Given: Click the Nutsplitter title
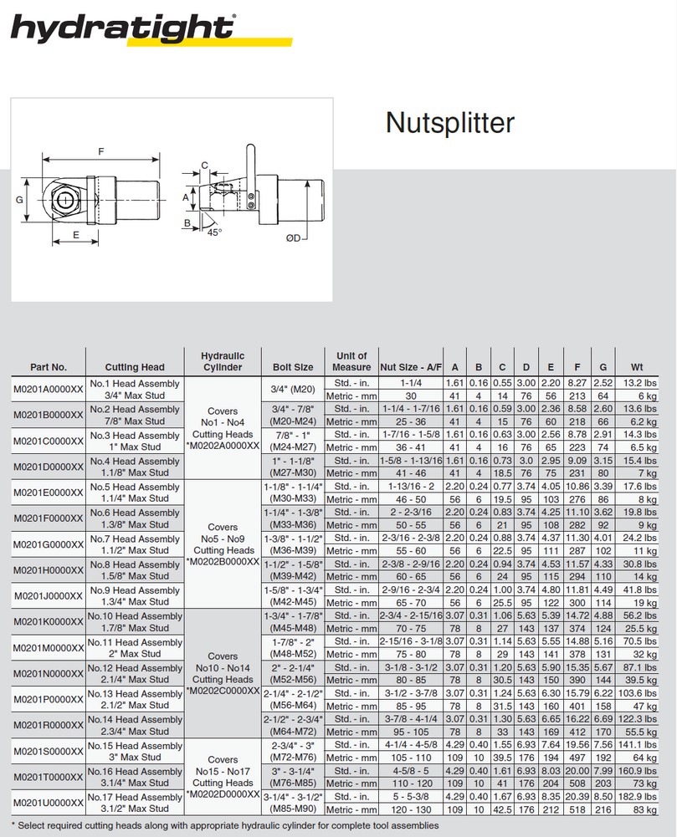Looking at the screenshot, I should point(449,124).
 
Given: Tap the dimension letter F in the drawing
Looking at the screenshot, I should point(100,152).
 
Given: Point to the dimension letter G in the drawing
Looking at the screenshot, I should point(19,201).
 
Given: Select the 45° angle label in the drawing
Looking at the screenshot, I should point(214,232).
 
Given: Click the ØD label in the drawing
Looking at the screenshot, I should point(293,238).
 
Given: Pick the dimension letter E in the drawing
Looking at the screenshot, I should point(76,235).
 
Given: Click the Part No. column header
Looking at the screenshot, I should point(48,367).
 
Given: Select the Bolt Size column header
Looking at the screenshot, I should point(293,367).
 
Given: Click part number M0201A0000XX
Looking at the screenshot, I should point(49,390).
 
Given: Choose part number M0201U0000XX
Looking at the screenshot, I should point(49,803).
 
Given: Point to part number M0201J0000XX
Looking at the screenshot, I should point(49,596).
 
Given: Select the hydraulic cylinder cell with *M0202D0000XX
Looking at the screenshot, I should point(223,777).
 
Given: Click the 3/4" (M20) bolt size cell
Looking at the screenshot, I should point(293,390).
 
